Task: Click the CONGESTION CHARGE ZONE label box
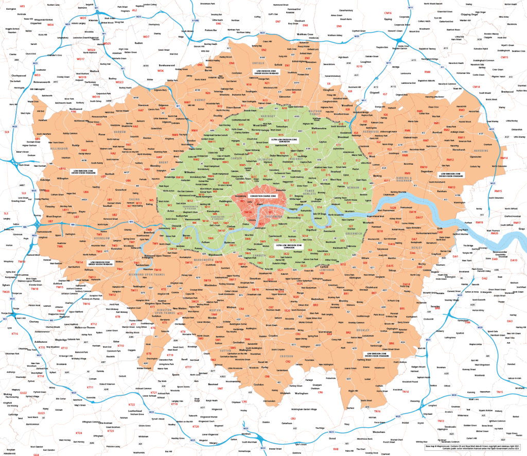262,197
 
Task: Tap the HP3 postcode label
22,6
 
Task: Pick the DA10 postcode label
513,260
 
